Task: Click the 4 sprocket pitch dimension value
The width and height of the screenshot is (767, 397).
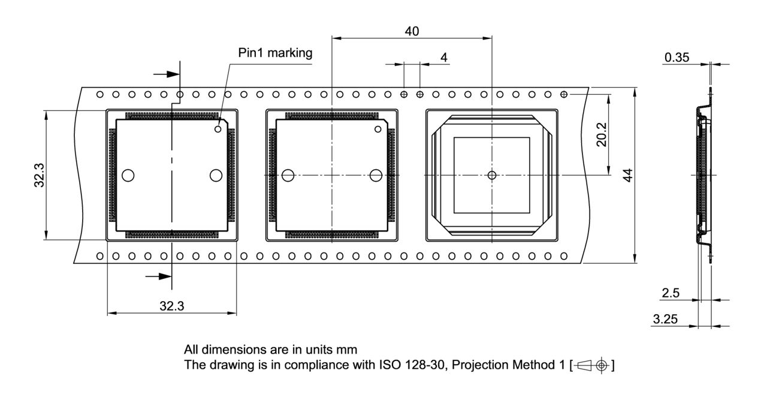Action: [443, 57]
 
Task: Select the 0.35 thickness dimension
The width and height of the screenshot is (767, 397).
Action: [677, 58]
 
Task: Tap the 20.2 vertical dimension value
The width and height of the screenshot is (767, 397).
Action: [602, 134]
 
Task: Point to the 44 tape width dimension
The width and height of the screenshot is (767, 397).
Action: [627, 175]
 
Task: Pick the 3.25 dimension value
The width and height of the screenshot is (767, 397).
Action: [666, 320]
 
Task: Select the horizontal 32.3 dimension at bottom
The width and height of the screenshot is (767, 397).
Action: [171, 306]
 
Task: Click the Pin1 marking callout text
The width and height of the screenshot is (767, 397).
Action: [275, 53]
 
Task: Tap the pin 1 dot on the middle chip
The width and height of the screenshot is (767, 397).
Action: [378, 129]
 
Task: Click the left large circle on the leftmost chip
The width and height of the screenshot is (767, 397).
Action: [128, 175]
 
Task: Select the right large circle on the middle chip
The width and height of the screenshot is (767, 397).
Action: [376, 175]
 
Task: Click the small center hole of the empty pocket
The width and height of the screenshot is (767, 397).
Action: [492, 175]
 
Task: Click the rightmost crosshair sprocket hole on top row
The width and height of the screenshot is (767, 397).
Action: [564, 95]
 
